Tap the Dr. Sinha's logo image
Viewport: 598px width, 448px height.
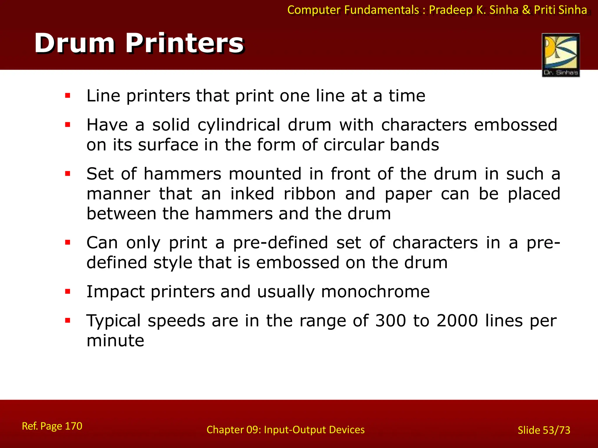click(x=561, y=55)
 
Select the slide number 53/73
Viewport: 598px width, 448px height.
click(x=557, y=430)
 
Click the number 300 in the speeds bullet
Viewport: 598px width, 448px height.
click(x=390, y=321)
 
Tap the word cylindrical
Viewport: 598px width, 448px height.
click(x=239, y=125)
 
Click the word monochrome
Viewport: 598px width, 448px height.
click(x=375, y=292)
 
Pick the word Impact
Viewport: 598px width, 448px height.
click(x=115, y=292)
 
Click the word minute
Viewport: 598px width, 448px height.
click(x=115, y=341)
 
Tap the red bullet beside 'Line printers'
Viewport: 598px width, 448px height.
click(x=68, y=96)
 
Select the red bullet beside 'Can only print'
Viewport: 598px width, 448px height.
click(x=68, y=242)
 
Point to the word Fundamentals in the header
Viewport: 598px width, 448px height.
click(x=381, y=10)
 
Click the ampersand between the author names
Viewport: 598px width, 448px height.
click(x=526, y=10)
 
